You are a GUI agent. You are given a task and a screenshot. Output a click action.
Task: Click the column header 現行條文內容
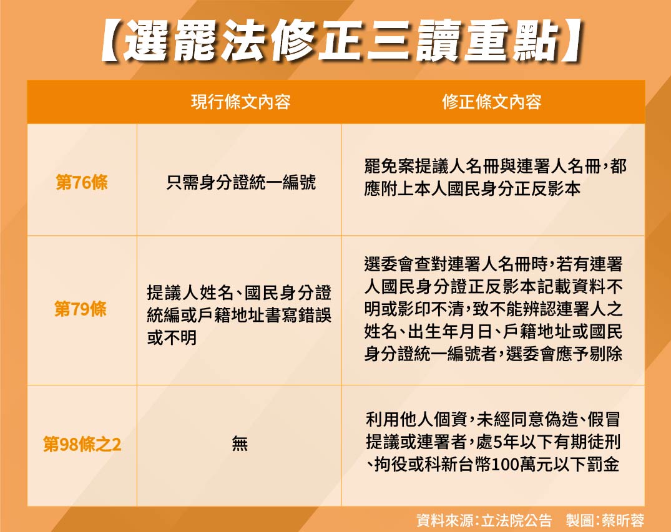coord(240,102)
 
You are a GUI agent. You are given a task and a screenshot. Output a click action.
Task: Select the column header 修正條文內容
coord(492,102)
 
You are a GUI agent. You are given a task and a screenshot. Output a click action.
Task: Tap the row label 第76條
coord(82,183)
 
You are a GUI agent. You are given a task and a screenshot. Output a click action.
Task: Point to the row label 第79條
coord(81,309)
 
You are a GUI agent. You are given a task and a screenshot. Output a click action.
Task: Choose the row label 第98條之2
coord(82,444)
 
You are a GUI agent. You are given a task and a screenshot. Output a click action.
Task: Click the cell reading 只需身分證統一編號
coord(241,183)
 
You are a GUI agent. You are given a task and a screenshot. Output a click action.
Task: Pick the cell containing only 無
coord(240,443)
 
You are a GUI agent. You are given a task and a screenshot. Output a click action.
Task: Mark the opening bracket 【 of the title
coord(112,41)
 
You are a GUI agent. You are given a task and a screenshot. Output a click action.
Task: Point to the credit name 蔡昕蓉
coord(623,520)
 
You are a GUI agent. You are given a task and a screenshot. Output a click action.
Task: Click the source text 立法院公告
coord(517,520)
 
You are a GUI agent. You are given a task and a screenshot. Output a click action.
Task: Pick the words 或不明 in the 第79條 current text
coord(172,338)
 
